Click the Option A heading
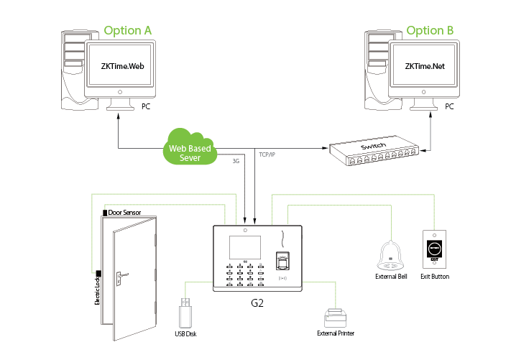click(x=128, y=30)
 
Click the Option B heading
click(x=431, y=30)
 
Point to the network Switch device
click(x=373, y=152)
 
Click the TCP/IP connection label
click(x=267, y=154)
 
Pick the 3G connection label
click(x=235, y=161)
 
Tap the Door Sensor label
click(x=124, y=213)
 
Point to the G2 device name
click(x=257, y=303)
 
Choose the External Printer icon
click(x=336, y=318)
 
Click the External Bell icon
click(x=391, y=254)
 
